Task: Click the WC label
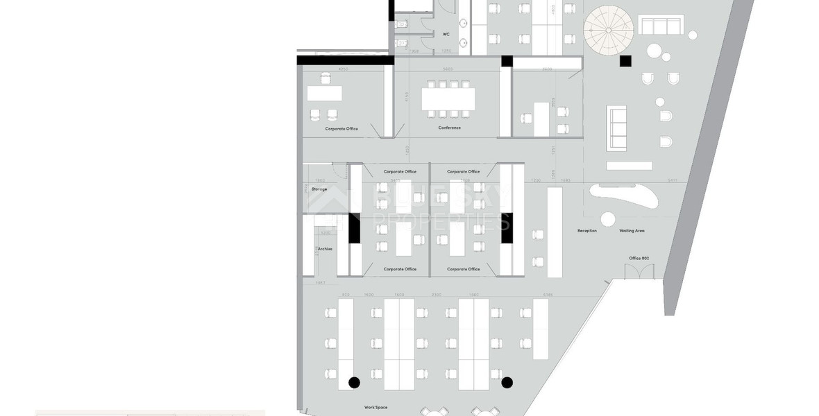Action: click(446, 34)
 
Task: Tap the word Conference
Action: click(449, 128)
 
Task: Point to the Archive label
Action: click(325, 249)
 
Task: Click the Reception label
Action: click(587, 230)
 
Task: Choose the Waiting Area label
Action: click(633, 230)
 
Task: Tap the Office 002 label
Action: click(639, 258)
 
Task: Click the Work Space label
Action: click(375, 407)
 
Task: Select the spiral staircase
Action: click(608, 30)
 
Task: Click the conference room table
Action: click(448, 99)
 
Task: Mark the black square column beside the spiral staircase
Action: click(625, 61)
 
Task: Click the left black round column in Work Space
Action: click(354, 382)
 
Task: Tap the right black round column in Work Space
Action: click(507, 382)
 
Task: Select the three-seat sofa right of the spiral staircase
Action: click(661, 26)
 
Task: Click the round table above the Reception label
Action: click(607, 219)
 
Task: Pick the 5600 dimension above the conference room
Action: click(448, 69)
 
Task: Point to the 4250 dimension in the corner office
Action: click(342, 69)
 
